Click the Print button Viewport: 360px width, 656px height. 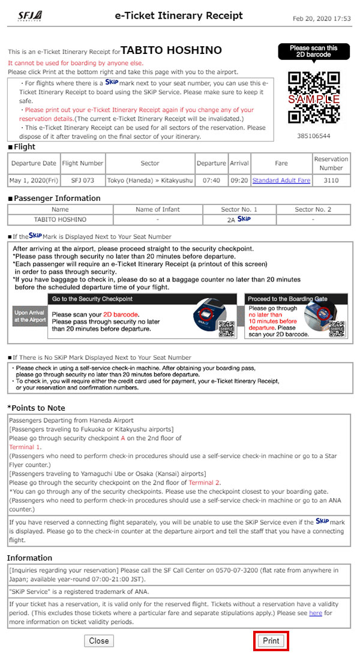[271, 640]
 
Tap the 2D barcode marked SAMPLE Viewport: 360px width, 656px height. [314, 97]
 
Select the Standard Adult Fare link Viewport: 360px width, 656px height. [281, 180]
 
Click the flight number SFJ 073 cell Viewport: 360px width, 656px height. [83, 180]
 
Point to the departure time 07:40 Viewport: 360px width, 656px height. [212, 180]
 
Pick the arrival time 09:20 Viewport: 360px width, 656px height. [239, 180]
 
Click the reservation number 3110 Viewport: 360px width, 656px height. [331, 180]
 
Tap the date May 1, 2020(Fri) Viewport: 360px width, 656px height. [34, 180]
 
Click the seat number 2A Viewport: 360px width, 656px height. [231, 220]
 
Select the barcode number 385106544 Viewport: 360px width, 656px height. [314, 136]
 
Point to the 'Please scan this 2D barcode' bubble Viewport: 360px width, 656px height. [313, 52]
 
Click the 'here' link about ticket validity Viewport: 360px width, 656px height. [315, 613]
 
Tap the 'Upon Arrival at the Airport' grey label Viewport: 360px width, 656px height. [29, 317]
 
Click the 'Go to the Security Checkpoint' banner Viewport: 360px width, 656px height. [92, 298]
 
